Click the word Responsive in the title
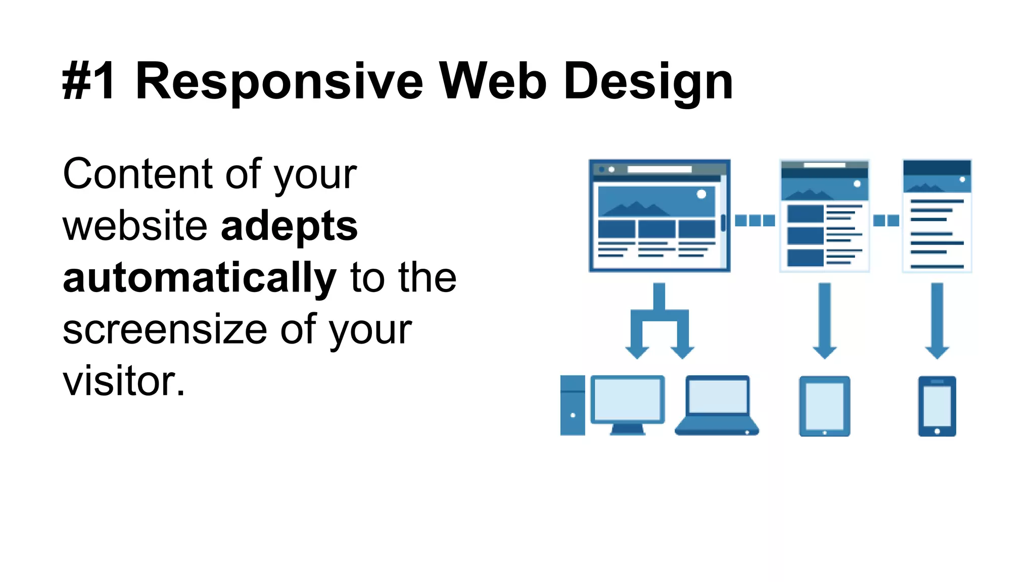pyautogui.click(x=279, y=81)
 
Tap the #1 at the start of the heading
pyautogui.click(x=89, y=81)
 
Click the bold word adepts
pyautogui.click(x=289, y=226)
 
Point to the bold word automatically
pyautogui.click(x=199, y=278)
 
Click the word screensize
pyautogui.click(x=165, y=329)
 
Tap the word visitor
pyautogui.click(x=123, y=381)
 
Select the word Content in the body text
pyautogui.click(x=137, y=174)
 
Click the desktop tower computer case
pyautogui.click(x=572, y=405)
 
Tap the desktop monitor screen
pyautogui.click(x=627, y=399)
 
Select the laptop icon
pyautogui.click(x=717, y=405)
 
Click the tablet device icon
pyautogui.click(x=824, y=406)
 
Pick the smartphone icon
pyautogui.click(x=937, y=406)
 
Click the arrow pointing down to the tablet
pyautogui.click(x=824, y=321)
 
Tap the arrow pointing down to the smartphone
pyautogui.click(x=937, y=321)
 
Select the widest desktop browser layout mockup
pyautogui.click(x=659, y=216)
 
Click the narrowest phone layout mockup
pyautogui.click(x=937, y=216)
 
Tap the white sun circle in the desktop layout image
pyautogui.click(x=701, y=194)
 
